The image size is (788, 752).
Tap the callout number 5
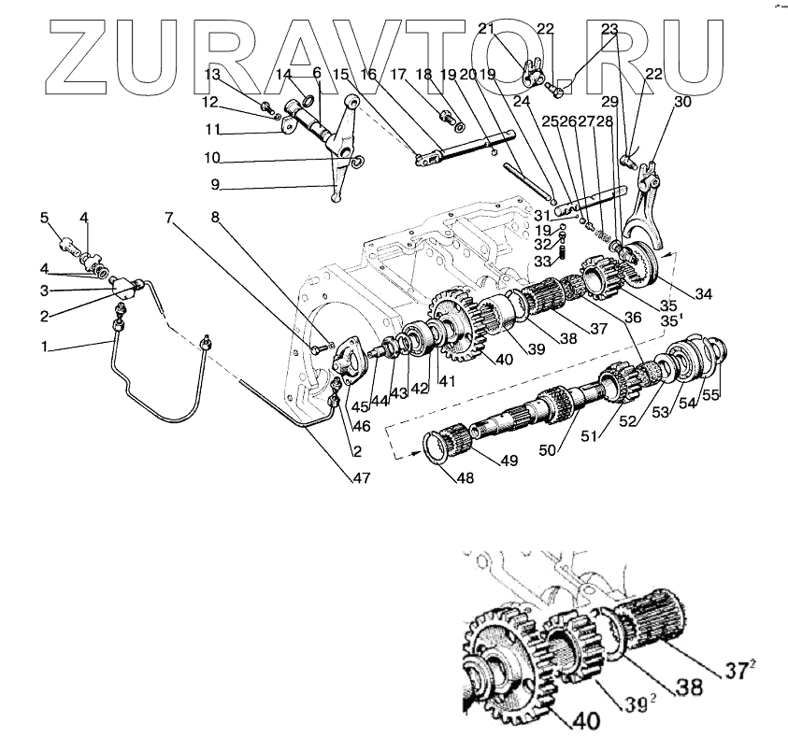(x=43, y=218)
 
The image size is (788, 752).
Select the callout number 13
(x=212, y=73)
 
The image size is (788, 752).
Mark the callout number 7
(x=169, y=219)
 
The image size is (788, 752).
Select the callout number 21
(x=511, y=30)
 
